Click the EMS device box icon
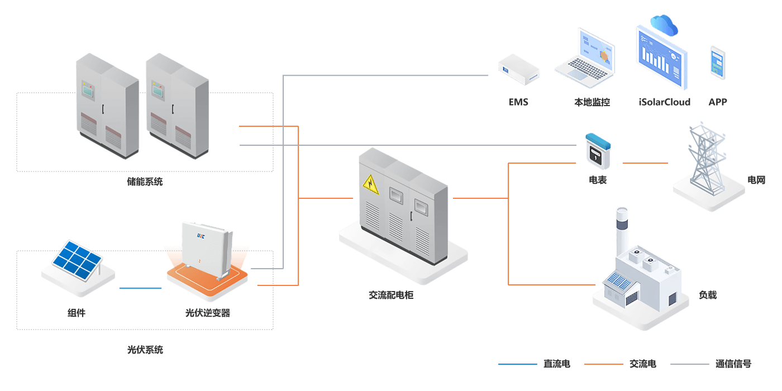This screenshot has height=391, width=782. coord(519,70)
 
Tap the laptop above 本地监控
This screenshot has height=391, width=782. coord(586,60)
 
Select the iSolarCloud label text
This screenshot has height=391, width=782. coord(664,102)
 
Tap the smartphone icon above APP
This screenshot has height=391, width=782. coord(717,62)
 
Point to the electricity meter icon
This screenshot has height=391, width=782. coord(597,151)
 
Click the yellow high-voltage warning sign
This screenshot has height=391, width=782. coord(371,184)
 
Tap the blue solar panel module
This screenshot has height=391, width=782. coord(78,260)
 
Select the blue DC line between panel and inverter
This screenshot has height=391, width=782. coord(140,288)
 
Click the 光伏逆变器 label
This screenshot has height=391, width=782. coord(207,313)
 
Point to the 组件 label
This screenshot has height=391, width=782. coord(77,313)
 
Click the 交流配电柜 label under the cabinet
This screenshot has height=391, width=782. coord(391,295)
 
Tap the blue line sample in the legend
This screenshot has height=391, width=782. coord(517,364)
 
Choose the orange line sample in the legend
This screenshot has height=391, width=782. coord(603,364)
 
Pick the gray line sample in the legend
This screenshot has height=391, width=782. coord(689,364)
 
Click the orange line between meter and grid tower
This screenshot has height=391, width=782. coord(645,163)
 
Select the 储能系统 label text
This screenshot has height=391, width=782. coord(145,182)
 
